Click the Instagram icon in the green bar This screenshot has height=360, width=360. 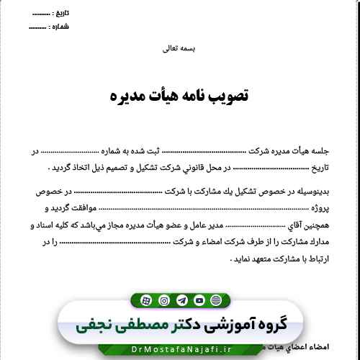(x=164, y=300)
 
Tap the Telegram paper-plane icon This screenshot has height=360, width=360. (x=181, y=300)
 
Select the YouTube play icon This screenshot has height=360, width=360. (x=199, y=300)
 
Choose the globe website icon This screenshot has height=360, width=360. (x=146, y=300)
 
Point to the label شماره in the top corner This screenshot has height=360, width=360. (x=60, y=27)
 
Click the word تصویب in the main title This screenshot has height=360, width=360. (x=229, y=94)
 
